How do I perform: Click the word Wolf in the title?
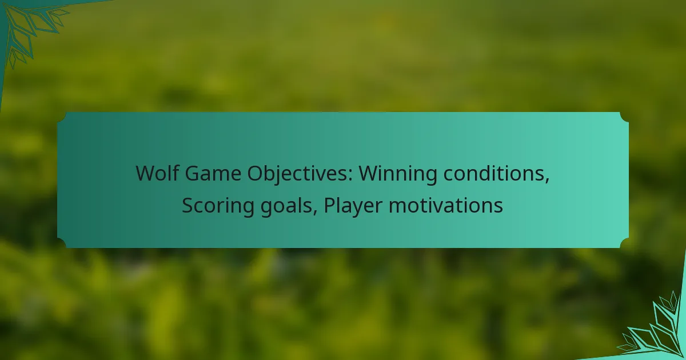tap(157, 173)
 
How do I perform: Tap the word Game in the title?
tap(213, 174)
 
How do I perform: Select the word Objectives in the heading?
tap(297, 174)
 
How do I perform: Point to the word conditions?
tap(494, 174)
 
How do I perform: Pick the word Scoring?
tap(218, 206)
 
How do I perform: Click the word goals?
tap(286, 206)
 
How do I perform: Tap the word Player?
tap(353, 206)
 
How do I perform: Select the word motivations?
tap(446, 205)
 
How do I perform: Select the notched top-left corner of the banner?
tap(62, 117)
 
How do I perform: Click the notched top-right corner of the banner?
tap(624, 117)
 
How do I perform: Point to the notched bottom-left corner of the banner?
tap(62, 243)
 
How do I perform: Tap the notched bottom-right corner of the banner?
tap(624, 243)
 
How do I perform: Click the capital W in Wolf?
tap(146, 174)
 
